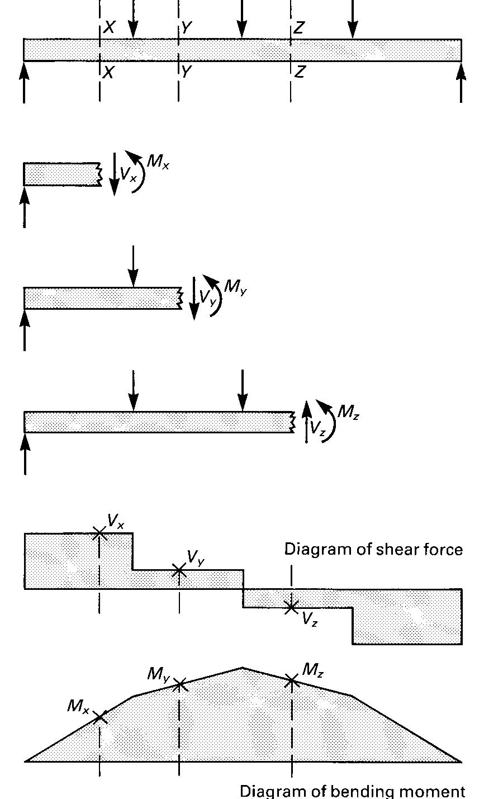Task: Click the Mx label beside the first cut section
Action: pyautogui.click(x=157, y=163)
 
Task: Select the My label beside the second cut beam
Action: pyautogui.click(x=235, y=287)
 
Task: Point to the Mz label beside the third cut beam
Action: pyautogui.click(x=348, y=413)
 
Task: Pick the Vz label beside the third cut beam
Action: pyautogui.click(x=318, y=429)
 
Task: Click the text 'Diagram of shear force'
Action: pyautogui.click(x=373, y=550)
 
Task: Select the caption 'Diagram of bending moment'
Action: pyautogui.click(x=352, y=791)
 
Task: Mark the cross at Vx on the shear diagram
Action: pyautogui.click(x=99, y=533)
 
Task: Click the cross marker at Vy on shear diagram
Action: pyautogui.click(x=179, y=570)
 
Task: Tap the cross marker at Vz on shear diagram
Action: pyautogui.click(x=291, y=607)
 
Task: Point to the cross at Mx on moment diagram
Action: pyautogui.click(x=100, y=717)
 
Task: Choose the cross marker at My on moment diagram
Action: pyautogui.click(x=179, y=684)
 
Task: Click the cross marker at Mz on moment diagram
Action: pyautogui.click(x=292, y=680)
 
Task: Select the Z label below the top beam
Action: pyautogui.click(x=300, y=73)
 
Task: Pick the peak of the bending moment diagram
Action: pyautogui.click(x=242, y=667)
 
